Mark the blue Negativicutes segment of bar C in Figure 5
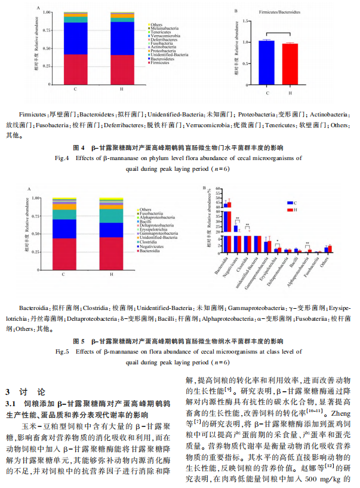coord(64,228)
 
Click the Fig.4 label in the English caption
coord(63,158)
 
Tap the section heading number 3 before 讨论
coord(8,392)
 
